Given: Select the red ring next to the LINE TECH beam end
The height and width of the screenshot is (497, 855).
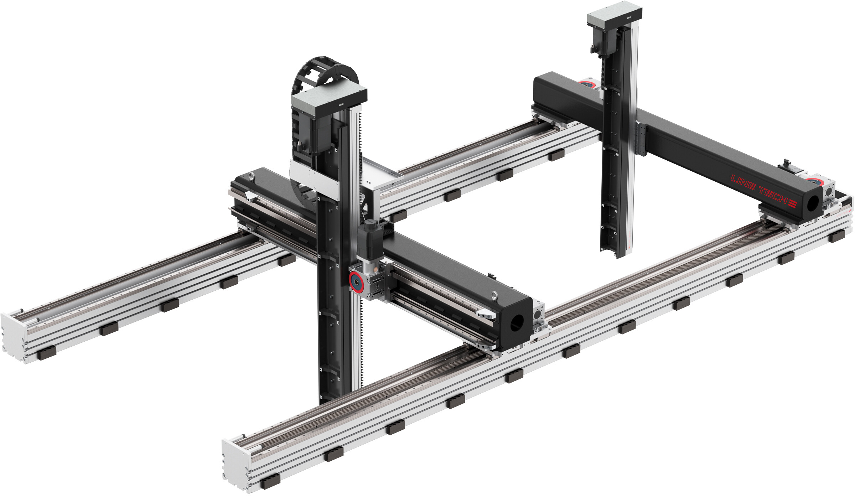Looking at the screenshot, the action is [x=814, y=181].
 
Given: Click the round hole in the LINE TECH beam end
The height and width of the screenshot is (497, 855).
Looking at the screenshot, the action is [x=813, y=203].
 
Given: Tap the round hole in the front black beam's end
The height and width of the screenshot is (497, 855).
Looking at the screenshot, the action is [x=515, y=322].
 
